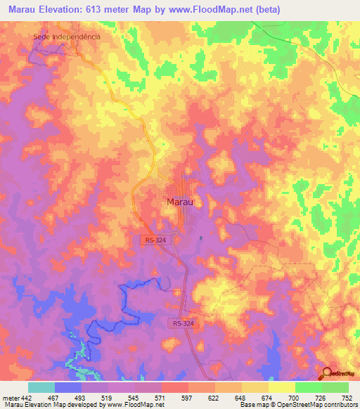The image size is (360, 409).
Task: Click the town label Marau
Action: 180,202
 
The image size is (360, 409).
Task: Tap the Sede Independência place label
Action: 67,36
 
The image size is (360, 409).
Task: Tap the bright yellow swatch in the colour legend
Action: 282,387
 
